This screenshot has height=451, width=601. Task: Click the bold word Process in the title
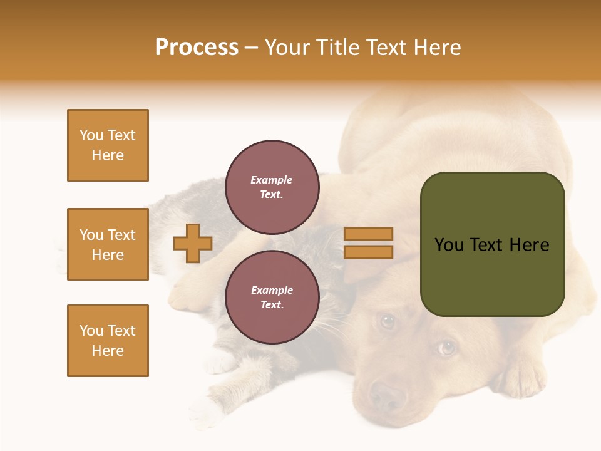197,48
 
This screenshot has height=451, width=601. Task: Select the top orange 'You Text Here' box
108,145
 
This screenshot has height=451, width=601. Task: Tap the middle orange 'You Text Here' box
108,244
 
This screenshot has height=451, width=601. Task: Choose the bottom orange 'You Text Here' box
108,341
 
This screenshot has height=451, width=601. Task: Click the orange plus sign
193,243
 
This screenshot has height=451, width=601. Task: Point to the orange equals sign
369,243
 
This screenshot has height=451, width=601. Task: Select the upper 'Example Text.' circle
272,187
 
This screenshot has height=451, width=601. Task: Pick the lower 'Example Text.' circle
272,297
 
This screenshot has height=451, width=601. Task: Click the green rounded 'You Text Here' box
492,244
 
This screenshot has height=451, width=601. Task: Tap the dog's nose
387,396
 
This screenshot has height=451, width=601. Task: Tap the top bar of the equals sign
369,234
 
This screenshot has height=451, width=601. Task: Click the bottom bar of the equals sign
369,252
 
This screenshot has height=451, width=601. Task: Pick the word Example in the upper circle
272,180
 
